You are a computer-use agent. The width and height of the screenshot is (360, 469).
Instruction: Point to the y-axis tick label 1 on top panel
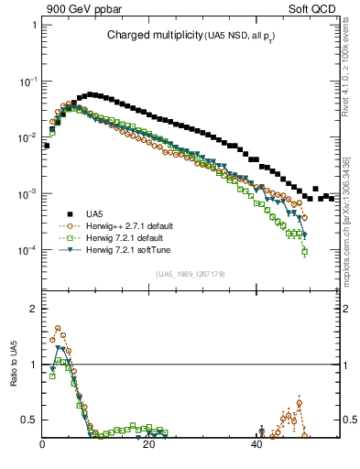pos(33,25)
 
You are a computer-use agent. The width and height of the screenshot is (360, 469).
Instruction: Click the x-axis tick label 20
pos(150,445)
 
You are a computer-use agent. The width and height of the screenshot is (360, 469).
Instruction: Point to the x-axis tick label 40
pos(257,445)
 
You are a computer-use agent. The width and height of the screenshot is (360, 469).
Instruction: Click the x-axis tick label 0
pos(43,445)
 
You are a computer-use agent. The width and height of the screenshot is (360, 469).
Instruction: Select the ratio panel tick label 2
pos(33,309)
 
